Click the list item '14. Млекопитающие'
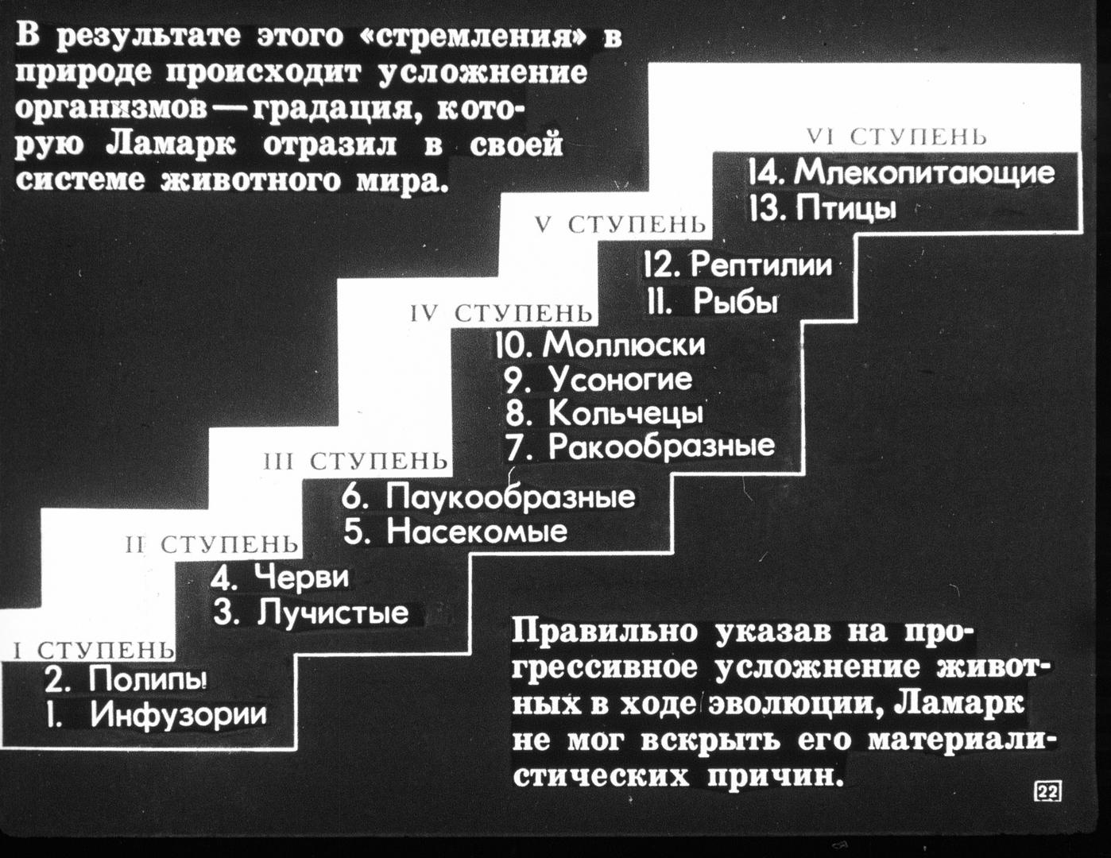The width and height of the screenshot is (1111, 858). coord(901,172)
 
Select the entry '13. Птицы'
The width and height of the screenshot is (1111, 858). coord(823,208)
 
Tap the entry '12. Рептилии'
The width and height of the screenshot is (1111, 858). coord(737,265)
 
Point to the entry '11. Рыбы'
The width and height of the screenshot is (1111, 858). coord(711,303)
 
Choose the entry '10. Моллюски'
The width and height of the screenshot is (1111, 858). coord(600,346)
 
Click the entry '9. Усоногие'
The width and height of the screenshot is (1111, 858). coord(598,380)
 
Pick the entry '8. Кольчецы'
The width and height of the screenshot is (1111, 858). coord(604,413)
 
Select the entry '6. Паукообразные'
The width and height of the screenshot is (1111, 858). coord(489,497)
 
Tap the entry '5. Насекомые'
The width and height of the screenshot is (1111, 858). coord(455,532)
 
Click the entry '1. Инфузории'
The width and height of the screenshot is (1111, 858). coord(157,714)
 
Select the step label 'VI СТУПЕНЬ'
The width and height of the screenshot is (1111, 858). coord(896,137)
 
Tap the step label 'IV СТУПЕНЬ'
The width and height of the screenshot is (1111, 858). coord(501,314)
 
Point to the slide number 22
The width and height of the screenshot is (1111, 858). coord(1049,806)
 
